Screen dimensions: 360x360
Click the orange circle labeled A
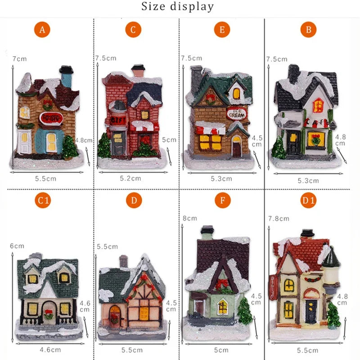pos(42,30)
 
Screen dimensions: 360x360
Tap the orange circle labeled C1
pos(42,201)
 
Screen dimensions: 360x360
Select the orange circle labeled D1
pos(308,201)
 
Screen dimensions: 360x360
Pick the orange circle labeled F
pos(220,201)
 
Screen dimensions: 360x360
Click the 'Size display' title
pos(178,7)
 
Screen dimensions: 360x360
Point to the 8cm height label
pos(189,218)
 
